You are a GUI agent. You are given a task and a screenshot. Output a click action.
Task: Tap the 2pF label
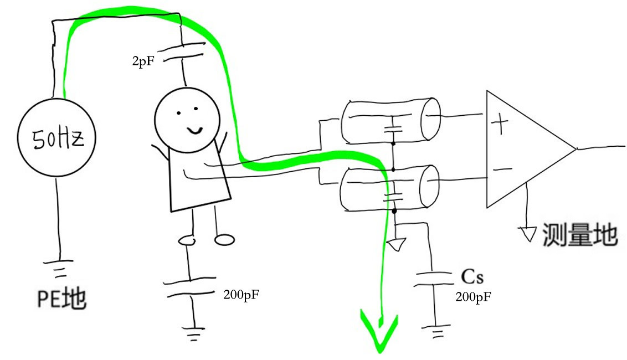[143, 61]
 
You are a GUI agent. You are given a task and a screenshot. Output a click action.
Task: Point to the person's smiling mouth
[195, 130]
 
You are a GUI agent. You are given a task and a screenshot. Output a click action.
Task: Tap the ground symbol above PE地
[59, 269]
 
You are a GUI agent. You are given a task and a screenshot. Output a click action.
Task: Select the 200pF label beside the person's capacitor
[241, 295]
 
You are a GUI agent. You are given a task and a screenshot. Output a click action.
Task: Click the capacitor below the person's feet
[191, 286]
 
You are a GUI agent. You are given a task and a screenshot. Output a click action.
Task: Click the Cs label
[472, 276]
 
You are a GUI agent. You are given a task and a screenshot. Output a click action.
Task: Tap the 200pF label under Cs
[474, 297]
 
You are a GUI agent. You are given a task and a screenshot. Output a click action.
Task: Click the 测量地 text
[580, 235]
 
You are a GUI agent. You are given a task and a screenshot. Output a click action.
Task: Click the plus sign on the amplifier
[500, 124]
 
